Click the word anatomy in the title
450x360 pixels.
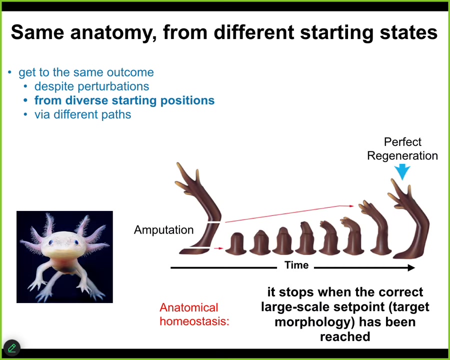pyautogui.click(x=113, y=32)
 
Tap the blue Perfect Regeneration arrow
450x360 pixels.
pyautogui.click(x=402, y=171)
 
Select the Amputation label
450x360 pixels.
pyautogui.click(x=163, y=230)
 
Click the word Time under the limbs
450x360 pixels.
pyautogui.click(x=296, y=264)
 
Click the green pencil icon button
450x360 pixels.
pyautogui.click(x=12, y=348)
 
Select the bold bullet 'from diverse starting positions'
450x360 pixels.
pyautogui.click(x=124, y=100)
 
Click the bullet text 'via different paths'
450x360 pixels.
pyautogui.click(x=82, y=114)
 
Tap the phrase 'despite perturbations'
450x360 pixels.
pyautogui.click(x=92, y=86)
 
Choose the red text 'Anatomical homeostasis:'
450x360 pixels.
pyautogui.click(x=194, y=314)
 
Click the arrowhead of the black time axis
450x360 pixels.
pyautogui.click(x=411, y=268)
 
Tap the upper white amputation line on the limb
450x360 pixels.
pyautogui.click(x=214, y=222)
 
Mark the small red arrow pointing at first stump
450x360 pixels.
pyautogui.click(x=218, y=248)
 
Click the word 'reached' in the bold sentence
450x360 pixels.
pyautogui.click(x=345, y=336)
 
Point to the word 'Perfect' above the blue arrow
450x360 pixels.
pyautogui.click(x=402, y=142)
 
